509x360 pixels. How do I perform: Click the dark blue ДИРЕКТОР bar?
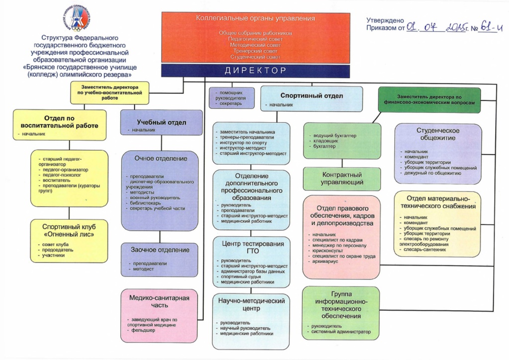[255, 70]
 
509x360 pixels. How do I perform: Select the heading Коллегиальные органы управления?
[255, 18]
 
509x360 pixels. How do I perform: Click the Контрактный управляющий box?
[342, 179]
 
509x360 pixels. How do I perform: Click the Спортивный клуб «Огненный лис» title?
[69, 230]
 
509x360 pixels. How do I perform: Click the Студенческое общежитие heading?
[437, 134]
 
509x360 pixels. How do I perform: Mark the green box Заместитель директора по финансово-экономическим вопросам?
[429, 98]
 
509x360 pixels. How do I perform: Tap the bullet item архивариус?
[326, 262]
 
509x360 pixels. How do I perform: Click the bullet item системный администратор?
[342, 332]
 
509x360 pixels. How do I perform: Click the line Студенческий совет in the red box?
[255, 57]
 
